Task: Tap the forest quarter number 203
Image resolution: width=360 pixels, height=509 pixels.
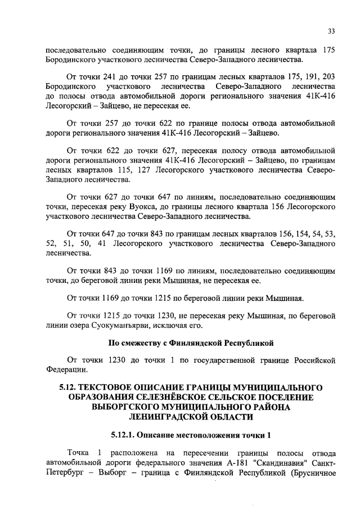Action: (x=329, y=78)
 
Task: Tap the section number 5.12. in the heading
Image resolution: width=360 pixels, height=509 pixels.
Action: (x=71, y=388)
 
